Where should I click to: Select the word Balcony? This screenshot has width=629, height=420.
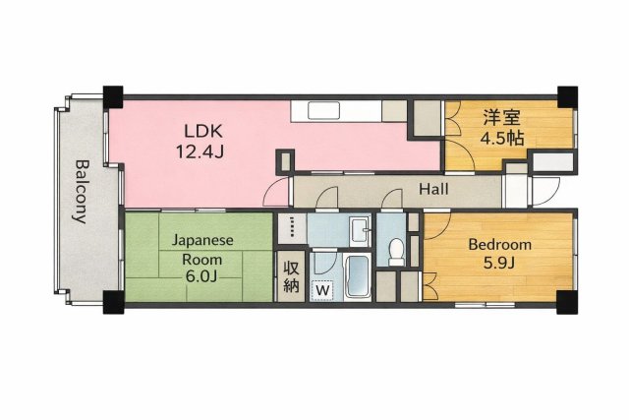pos(82,192)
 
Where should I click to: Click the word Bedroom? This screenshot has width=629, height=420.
pos(499,245)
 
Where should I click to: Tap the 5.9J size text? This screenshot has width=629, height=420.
pos(499,265)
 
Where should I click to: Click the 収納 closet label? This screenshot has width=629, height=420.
pos(291,276)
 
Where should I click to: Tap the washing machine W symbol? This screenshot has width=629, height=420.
pos(320,290)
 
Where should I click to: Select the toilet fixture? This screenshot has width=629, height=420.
pos(397,252)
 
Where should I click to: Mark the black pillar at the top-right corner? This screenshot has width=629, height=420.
pos(567,96)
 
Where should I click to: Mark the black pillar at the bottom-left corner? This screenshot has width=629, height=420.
pos(112,300)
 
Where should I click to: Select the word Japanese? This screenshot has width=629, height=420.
pos(202,240)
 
